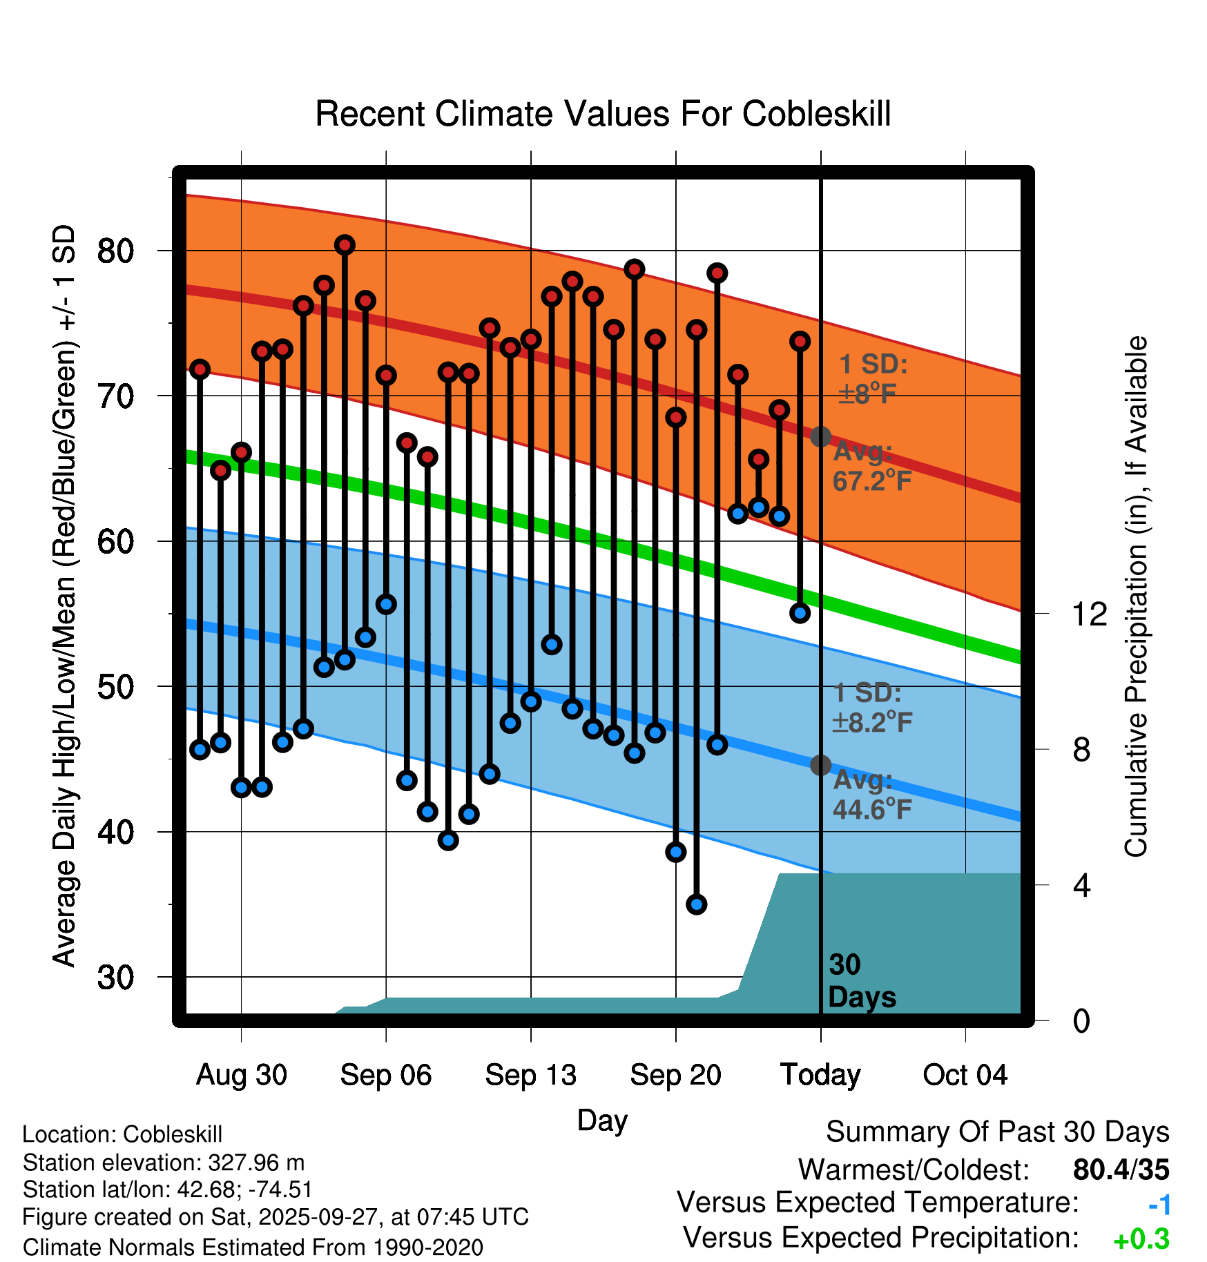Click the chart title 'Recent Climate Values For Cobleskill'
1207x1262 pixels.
[603, 114]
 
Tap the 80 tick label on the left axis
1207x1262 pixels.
[115, 251]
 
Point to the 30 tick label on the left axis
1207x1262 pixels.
[115, 978]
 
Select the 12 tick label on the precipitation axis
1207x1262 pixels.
[1089, 614]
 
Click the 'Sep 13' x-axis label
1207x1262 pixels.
[530, 1075]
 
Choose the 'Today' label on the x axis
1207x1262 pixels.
[820, 1075]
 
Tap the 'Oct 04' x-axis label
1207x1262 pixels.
[965, 1075]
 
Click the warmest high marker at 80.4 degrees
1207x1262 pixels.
[345, 245]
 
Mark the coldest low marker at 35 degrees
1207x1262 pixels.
[696, 904]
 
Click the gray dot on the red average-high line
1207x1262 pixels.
[820, 436]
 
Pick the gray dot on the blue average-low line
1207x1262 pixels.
[820, 765]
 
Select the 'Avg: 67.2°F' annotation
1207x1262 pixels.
[871, 467]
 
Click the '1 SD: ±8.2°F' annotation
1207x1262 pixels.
[871, 708]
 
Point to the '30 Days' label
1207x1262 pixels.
[861, 981]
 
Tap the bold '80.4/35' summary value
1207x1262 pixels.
[1121, 1169]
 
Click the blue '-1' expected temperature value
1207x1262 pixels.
[1159, 1205]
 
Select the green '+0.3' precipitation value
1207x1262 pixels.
[1141, 1239]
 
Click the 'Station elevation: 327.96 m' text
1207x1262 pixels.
[164, 1163]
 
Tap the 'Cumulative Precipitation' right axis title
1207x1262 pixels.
[1135, 597]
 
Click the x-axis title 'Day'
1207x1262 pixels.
[602, 1120]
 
